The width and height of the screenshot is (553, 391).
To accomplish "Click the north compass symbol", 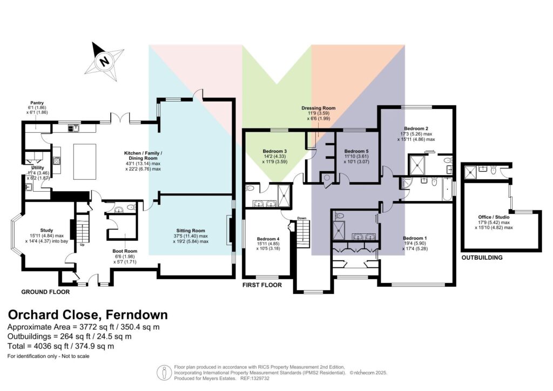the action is coord(105,62).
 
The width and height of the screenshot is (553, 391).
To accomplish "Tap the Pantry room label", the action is coord(37,103).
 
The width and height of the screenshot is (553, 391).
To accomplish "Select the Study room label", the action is coord(46,231).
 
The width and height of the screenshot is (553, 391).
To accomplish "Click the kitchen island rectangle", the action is coord(85,161).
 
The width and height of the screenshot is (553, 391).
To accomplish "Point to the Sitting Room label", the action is coord(191,231).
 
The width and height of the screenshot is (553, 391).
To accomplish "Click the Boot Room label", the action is coord(125,251).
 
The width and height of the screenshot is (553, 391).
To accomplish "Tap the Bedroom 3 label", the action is coord(275,151).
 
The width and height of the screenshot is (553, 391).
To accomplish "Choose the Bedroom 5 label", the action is coord(356,151).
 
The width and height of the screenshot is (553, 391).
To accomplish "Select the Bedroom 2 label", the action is coord(416,129).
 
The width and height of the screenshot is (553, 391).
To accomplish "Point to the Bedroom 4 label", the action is coord(268,239).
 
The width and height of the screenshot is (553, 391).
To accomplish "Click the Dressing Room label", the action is coord(319,108).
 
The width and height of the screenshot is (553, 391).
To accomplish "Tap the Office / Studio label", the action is coord(494,217).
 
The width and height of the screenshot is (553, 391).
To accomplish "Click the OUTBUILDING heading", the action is coord(482,258).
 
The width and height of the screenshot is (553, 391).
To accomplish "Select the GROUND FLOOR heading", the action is coord(45,292).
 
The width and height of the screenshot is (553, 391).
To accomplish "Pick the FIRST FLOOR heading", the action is coord(262,285).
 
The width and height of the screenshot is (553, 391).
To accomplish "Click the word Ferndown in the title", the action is coord(137,314).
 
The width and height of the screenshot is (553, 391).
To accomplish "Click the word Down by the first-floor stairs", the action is coord(302,218).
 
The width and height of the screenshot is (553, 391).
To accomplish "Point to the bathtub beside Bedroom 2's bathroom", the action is coord(447,189).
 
